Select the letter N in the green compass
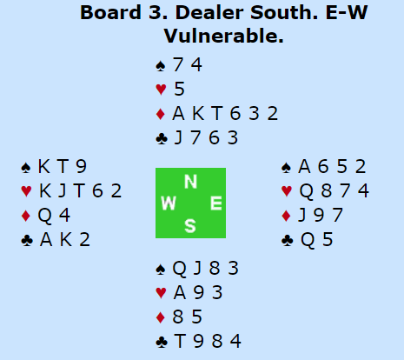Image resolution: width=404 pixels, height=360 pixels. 190,182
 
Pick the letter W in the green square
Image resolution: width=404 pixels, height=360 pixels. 169,203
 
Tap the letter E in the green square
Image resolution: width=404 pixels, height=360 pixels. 216,203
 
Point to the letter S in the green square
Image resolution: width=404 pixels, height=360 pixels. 190,226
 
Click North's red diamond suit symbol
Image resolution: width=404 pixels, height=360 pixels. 161,114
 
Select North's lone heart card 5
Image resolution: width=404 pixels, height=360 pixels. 179,89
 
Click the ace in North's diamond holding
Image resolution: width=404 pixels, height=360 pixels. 178,113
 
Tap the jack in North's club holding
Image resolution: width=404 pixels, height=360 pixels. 178,137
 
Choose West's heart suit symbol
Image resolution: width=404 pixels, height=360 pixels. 26,191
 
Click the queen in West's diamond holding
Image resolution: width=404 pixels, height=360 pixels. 45,216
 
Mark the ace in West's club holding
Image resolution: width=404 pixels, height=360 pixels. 46,240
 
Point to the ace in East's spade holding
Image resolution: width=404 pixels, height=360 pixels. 304,167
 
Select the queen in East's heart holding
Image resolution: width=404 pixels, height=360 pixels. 306,191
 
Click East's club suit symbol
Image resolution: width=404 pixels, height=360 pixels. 287,240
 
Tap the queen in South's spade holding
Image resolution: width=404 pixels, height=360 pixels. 179,269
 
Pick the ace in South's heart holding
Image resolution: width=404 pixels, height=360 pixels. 180,293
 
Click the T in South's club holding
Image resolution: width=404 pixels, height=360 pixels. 180,342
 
